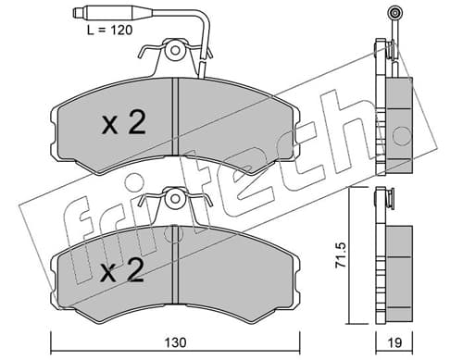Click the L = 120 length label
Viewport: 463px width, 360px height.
(x=109, y=31)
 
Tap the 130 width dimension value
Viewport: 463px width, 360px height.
(x=175, y=342)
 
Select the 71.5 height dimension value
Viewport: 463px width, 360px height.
(x=341, y=254)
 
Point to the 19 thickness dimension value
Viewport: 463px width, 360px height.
(x=394, y=342)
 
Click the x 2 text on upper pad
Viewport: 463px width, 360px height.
(x=123, y=123)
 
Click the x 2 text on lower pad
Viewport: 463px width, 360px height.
(x=122, y=270)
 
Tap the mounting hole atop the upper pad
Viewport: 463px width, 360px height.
(x=175, y=50)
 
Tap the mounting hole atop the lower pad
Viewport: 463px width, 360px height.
(x=175, y=198)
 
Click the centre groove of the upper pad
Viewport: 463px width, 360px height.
(x=175, y=117)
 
